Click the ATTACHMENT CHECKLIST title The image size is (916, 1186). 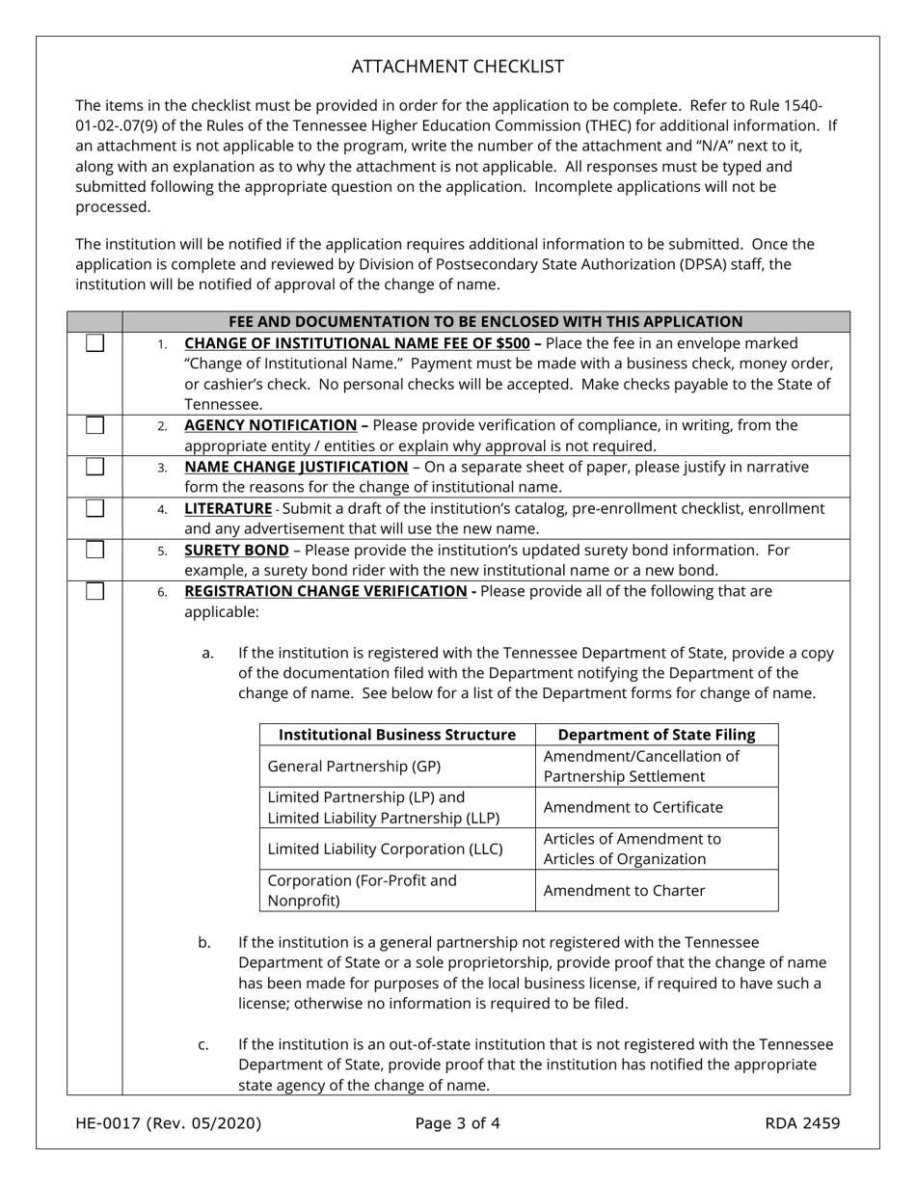[457, 67]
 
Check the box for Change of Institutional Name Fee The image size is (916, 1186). [94, 343]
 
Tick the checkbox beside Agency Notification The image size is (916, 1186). [94, 425]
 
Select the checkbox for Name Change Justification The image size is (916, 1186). [94, 467]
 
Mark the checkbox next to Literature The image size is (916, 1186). [94, 508]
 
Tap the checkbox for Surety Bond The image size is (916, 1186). [94, 550]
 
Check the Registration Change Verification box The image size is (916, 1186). [94, 591]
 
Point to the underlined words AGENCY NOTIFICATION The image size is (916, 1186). [270, 425]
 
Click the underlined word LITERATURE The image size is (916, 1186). [228, 508]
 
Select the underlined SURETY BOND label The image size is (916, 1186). [236, 550]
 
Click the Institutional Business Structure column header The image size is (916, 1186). [397, 735]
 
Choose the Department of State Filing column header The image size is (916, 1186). [657, 735]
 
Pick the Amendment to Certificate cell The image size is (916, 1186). [633, 807]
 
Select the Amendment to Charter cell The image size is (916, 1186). [624, 890]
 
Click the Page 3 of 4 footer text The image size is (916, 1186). [457, 1122]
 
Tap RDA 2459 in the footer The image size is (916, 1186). [802, 1122]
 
